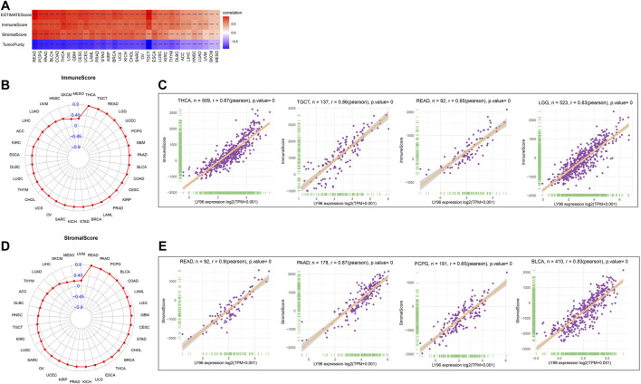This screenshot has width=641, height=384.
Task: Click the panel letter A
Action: point(6,6)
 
